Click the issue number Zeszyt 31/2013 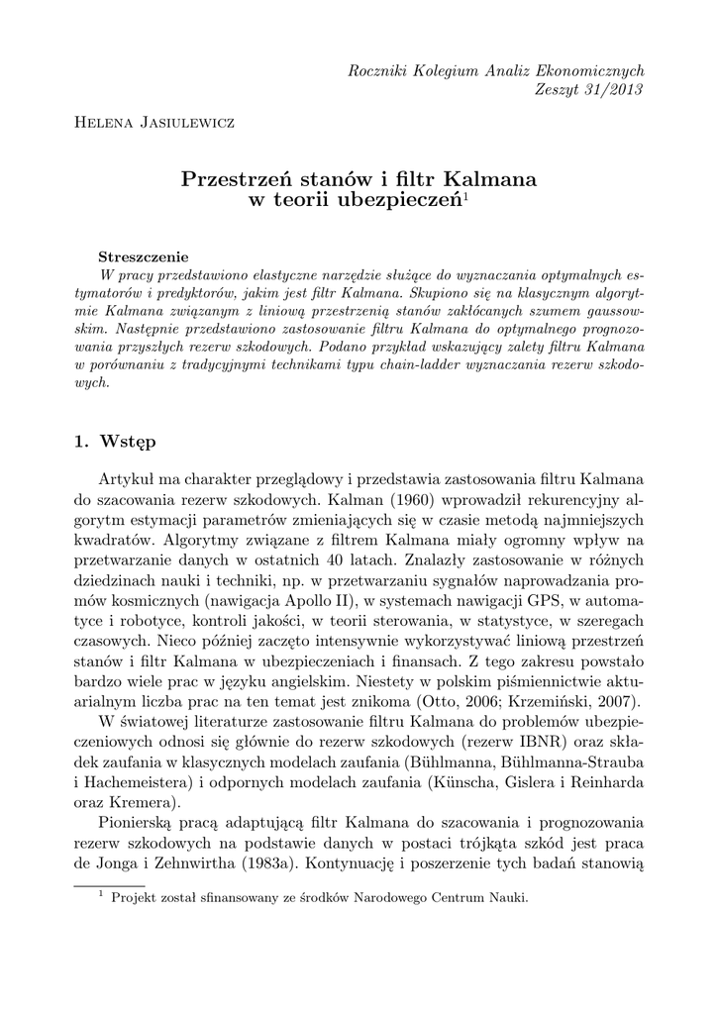(x=590, y=89)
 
